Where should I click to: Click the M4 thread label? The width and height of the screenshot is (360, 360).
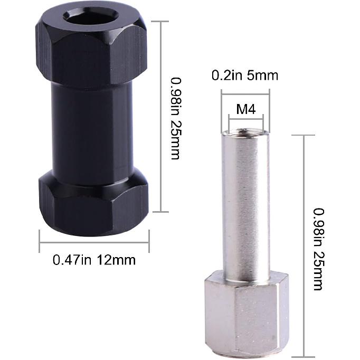coord(245,110)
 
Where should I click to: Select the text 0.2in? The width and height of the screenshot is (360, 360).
coord(225,75)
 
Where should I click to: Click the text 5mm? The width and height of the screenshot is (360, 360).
coord(263,75)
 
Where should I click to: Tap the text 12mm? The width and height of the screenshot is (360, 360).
coord(117,260)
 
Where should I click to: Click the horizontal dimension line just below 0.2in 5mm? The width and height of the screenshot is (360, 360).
coord(245,94)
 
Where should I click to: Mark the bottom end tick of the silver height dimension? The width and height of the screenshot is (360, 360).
coord(304,356)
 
